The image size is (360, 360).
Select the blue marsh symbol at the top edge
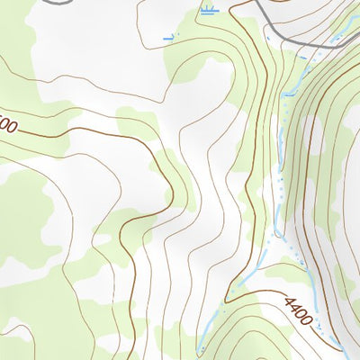(209, 11)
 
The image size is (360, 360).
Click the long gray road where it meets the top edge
(255, 4)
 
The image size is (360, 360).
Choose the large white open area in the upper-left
(90, 54)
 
